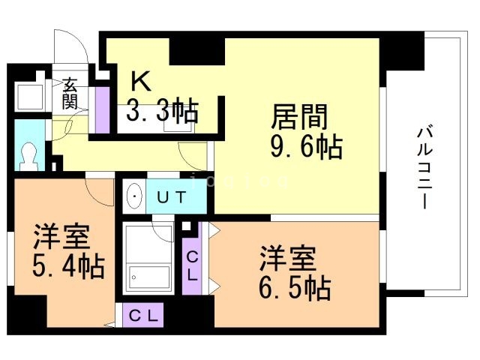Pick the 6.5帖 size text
coord(295,286)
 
